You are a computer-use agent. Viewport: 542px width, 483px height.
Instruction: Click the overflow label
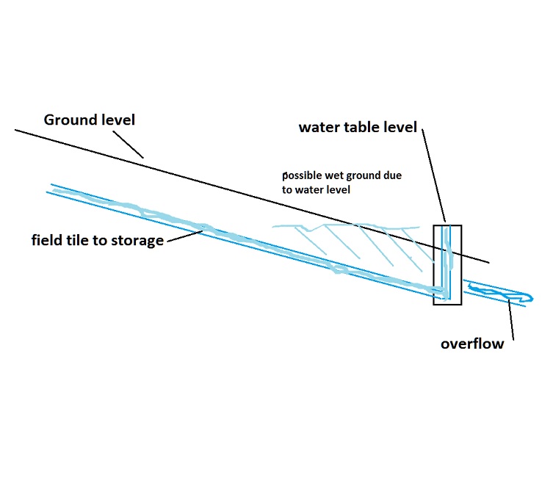coord(472,343)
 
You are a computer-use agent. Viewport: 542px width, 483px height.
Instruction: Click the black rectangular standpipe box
coord(447,264)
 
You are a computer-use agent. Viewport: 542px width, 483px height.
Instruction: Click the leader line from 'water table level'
coord(434,176)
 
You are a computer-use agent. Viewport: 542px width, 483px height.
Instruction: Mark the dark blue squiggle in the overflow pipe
coord(496,295)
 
